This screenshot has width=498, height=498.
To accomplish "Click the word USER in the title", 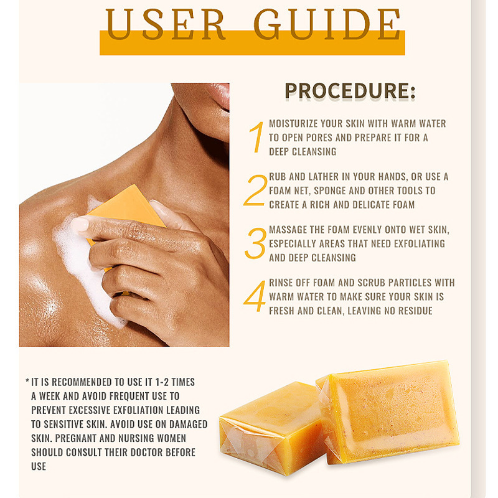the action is tap(166, 24).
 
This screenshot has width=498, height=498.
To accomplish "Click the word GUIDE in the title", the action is tap(327, 24).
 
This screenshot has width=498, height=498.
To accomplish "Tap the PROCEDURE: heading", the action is tap(350, 91).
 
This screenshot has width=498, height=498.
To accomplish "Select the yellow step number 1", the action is tap(257, 137).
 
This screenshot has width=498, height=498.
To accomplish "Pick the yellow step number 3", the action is tap(255, 243).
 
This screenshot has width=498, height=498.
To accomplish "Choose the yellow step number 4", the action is tap(255, 296).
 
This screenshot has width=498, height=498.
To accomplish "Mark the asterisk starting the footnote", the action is tap(27, 380).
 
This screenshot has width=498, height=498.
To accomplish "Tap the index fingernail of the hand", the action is tap(80, 225).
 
